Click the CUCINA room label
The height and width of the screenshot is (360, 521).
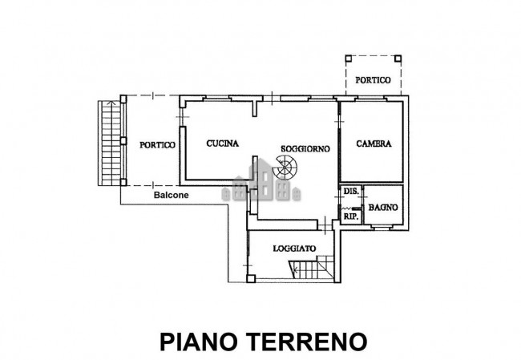pyautogui.click(x=220, y=144)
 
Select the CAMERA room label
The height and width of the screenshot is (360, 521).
pyautogui.click(x=374, y=144)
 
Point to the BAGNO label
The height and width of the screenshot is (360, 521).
pyautogui.click(x=383, y=208)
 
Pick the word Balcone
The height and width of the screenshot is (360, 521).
pyautogui.click(x=172, y=195)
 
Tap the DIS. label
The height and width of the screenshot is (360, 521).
pyautogui.click(x=349, y=193)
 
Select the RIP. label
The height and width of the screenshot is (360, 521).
pyautogui.click(x=350, y=216)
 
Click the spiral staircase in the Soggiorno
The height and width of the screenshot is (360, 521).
pyautogui.click(x=284, y=170)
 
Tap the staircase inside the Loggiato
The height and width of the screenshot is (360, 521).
pyautogui.click(x=323, y=267)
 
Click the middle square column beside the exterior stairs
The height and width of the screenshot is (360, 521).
pyautogui.click(x=123, y=141)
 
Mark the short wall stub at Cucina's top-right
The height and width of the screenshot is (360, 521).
pyautogui.click(x=255, y=109)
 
